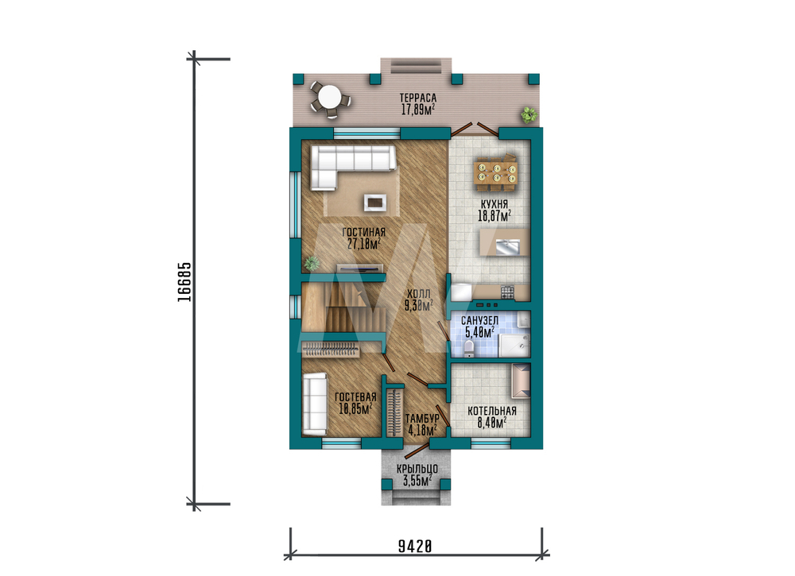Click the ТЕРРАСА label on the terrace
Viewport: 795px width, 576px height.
(x=418, y=97)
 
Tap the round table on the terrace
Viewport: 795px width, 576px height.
(x=330, y=96)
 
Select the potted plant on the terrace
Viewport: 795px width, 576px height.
(x=529, y=115)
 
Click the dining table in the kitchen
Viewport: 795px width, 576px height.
(x=496, y=172)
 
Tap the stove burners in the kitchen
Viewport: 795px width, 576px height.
(x=507, y=292)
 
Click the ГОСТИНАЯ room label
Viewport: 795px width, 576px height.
(x=363, y=233)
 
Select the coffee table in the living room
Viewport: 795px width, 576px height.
(x=375, y=203)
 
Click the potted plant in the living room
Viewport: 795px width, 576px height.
(x=311, y=264)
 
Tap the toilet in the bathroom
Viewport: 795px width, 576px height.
(x=469, y=348)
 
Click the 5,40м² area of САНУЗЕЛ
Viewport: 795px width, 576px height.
(x=479, y=333)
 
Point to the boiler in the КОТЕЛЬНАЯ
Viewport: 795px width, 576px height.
(x=521, y=381)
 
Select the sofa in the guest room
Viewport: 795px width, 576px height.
(x=315, y=404)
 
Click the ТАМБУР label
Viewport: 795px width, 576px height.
(x=422, y=419)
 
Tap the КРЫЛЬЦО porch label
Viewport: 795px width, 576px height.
(x=417, y=469)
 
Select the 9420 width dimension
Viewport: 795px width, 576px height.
(x=415, y=547)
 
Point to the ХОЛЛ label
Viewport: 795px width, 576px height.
(x=419, y=294)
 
